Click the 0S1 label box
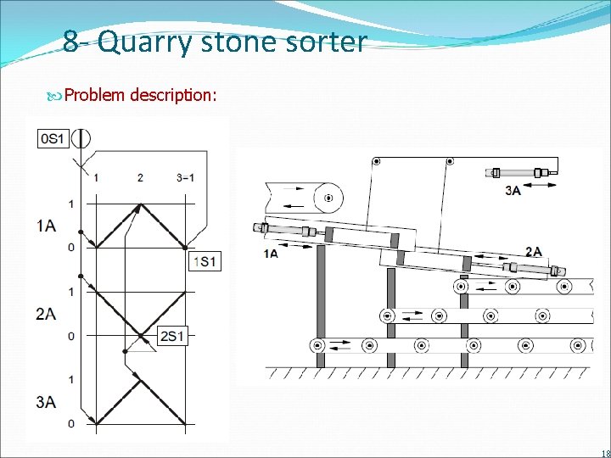[x=53, y=139]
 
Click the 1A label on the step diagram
[x=47, y=226]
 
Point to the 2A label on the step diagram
[x=47, y=314]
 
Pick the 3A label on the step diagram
[x=47, y=401]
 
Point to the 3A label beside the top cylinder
[x=513, y=192]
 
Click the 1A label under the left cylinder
[x=271, y=254]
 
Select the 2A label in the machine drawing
[x=534, y=251]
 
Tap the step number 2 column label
[x=140, y=178]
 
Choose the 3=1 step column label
[x=185, y=178]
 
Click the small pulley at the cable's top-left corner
[x=376, y=160]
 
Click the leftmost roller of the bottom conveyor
[x=317, y=345]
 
